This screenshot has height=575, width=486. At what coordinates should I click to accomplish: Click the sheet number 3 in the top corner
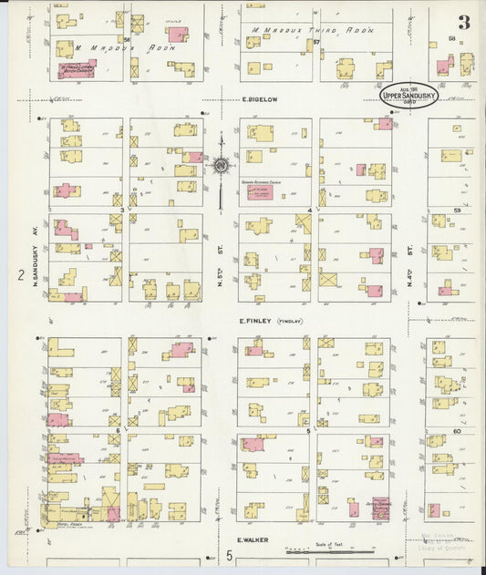pos(464,23)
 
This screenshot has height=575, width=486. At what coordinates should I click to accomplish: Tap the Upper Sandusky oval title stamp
pos(408,95)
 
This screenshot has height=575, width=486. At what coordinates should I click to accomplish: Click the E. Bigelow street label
pos(259,100)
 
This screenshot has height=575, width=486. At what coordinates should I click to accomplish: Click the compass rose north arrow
pos(220,166)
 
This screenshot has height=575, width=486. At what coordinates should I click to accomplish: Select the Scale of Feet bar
pos(329,551)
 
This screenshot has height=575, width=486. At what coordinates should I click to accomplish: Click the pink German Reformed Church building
pos(260,191)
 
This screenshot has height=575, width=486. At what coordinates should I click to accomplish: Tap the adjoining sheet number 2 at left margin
pos(19,274)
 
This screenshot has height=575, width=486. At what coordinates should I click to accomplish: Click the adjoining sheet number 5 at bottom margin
pos(230,555)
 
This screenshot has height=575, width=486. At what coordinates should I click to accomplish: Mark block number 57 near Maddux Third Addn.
pos(316,42)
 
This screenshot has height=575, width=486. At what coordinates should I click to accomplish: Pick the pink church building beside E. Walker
pos(380,508)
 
